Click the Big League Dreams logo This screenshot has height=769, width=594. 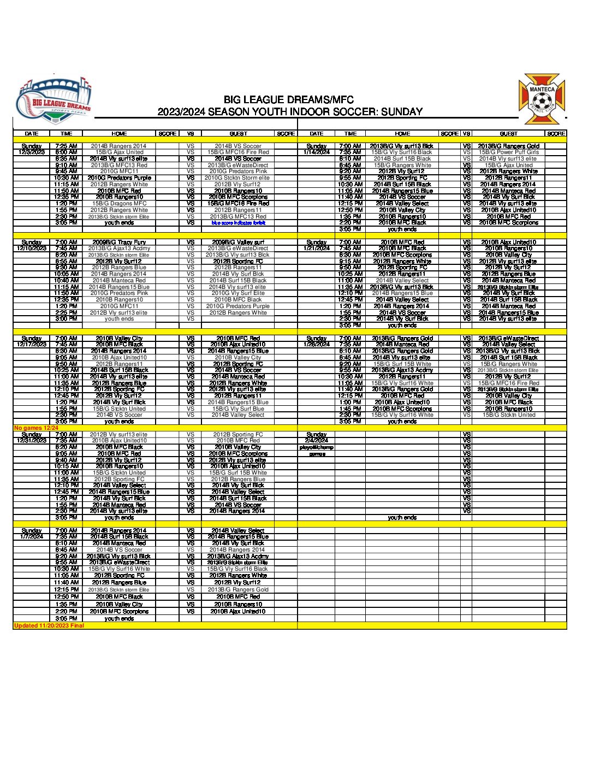coord(53,102)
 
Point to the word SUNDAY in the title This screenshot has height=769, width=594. coord(402,112)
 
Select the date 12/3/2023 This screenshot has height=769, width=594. coord(32,152)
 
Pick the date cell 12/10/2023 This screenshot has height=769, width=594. coord(32,249)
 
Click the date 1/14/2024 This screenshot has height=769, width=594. coord(317,152)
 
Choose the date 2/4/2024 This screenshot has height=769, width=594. coord(317,441)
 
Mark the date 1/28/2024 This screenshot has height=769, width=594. coord(317,345)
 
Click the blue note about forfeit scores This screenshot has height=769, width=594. coord(239,223)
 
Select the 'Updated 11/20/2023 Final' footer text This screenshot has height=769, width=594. coord(49,625)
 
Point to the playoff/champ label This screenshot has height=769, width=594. coord(317,447)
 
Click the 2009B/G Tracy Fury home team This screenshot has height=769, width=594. coord(119,242)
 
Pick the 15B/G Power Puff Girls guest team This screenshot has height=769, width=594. coord(508,152)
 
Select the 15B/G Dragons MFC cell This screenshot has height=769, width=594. coord(119,204)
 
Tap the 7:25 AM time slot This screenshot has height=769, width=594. coord(66,146)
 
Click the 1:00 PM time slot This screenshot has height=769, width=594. coord(350,403)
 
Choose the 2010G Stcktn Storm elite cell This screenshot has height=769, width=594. coord(237,178)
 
